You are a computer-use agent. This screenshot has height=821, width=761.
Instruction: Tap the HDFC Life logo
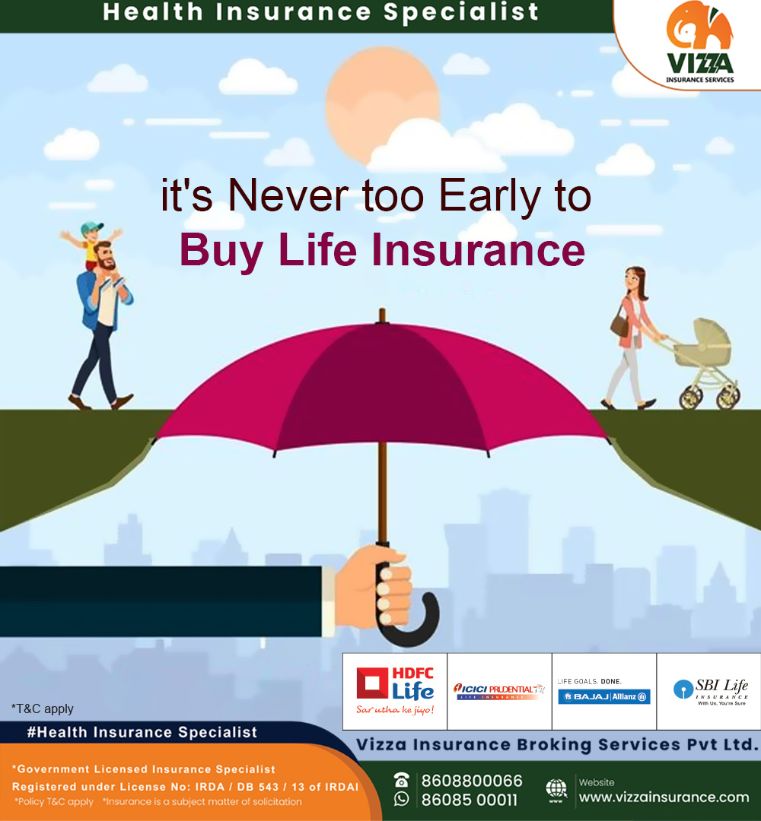pyautogui.click(x=395, y=691)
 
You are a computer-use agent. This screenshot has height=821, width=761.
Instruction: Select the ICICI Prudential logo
pyautogui.click(x=499, y=690)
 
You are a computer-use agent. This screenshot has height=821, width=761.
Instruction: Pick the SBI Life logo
pyautogui.click(x=709, y=691)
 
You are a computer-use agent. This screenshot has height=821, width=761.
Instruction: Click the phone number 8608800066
pyautogui.click(x=472, y=781)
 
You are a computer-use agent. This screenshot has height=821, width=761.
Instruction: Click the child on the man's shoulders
pyautogui.click(x=92, y=243)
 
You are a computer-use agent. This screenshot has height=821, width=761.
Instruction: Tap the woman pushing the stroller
pyautogui.click(x=632, y=334)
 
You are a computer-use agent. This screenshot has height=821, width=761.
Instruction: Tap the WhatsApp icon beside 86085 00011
pyautogui.click(x=402, y=799)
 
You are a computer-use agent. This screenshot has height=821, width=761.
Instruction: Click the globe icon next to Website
pyautogui.click(x=556, y=790)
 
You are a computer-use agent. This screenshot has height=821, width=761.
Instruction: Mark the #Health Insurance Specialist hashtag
pyautogui.click(x=142, y=732)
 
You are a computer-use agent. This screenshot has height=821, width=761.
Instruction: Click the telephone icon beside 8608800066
pyautogui.click(x=402, y=780)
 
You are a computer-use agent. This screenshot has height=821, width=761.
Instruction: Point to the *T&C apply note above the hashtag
pyautogui.click(x=43, y=708)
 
